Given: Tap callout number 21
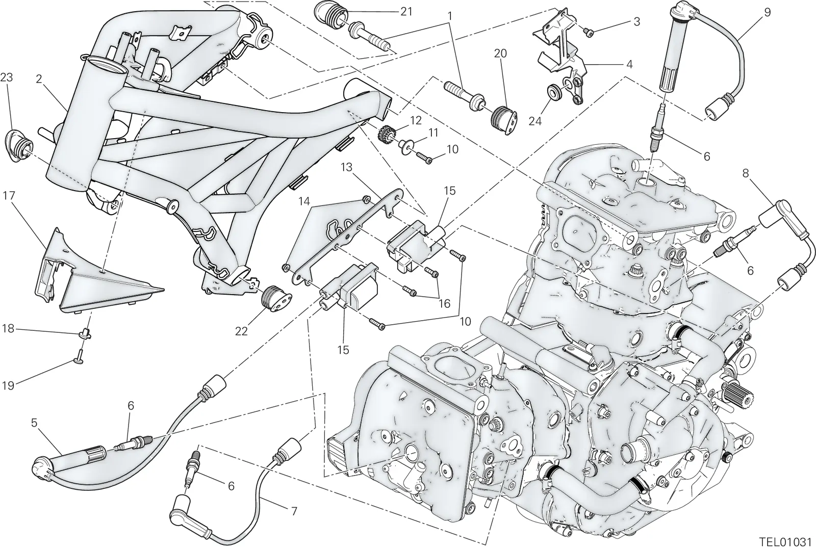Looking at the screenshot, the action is [406, 12].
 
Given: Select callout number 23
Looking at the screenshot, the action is [7, 77].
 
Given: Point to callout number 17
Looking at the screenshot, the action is [9, 196].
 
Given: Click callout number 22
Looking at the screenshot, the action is [241, 331].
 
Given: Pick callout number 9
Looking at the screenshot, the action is [767, 12].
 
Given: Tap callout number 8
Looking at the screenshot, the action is [746, 173].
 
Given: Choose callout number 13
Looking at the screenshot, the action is [347, 168].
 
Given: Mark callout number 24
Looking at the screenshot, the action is [535, 121].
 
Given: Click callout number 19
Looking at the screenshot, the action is [8, 385].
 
